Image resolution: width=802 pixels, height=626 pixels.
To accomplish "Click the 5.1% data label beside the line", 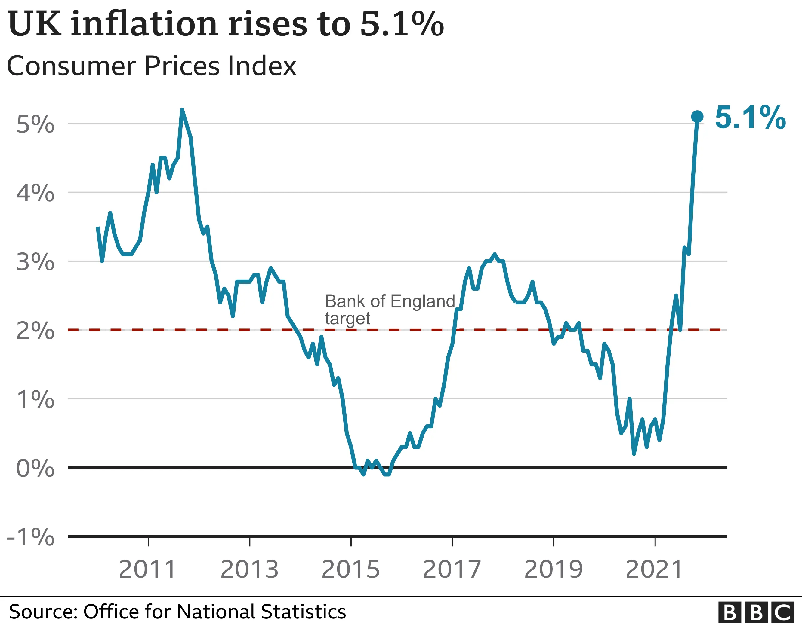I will (x=750, y=118).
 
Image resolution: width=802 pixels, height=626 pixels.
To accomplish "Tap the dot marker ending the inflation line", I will (x=697, y=117).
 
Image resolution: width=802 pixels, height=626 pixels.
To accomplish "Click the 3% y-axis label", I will (x=35, y=262).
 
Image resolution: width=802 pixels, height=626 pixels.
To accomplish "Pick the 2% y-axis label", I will (x=35, y=331).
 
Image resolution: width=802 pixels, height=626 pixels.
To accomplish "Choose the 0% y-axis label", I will (x=35, y=468).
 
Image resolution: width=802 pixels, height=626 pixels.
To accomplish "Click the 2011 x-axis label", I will (x=148, y=569).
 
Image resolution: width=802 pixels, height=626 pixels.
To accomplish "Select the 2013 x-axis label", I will (x=249, y=569).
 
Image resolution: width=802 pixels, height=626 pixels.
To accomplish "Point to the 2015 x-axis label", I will (x=351, y=569).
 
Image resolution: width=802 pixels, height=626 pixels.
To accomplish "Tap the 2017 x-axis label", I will (x=452, y=569).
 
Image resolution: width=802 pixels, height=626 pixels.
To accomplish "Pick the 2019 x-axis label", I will (x=554, y=569).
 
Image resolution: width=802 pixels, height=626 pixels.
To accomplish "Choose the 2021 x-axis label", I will (x=654, y=569).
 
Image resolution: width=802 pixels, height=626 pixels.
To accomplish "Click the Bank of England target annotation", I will (x=390, y=309).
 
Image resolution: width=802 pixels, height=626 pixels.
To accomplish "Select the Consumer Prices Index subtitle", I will (x=151, y=66).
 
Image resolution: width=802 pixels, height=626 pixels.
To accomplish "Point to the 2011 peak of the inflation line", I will (x=182, y=110).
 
